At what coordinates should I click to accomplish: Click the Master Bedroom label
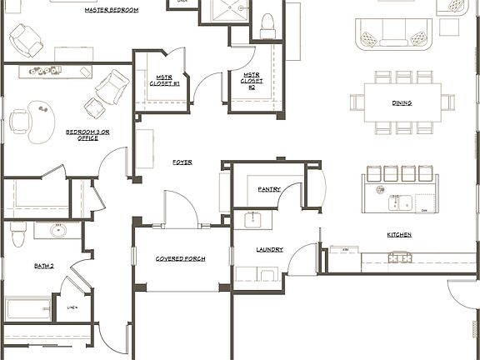112,11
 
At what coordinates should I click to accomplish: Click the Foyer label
182,162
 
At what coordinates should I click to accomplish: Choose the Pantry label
269,189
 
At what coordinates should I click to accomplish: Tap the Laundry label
269,249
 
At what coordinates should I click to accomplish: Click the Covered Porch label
180,259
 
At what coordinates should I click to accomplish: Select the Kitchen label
398,235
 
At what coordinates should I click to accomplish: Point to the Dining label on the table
402,103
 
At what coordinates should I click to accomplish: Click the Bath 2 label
44,266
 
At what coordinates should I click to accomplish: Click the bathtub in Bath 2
29,309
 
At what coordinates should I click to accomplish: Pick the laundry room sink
254,220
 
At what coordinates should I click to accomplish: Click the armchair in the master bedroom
25,37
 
